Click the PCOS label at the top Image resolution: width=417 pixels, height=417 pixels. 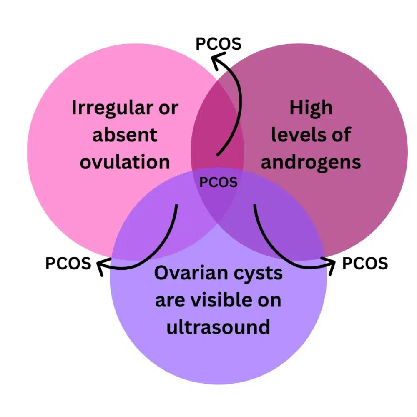tap(219, 43)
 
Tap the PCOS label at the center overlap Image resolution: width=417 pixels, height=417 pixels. tap(219, 182)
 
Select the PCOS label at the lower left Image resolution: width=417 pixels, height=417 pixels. tap(68, 263)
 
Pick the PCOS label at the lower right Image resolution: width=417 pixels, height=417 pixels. tap(365, 263)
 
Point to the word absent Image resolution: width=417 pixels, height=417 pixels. tap(125, 135)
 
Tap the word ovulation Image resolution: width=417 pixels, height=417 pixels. tap(125, 162)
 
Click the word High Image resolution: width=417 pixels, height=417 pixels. tap(311, 108)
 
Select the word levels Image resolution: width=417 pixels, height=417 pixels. tap(294, 135)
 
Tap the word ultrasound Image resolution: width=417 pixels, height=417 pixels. tap(218, 327)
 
